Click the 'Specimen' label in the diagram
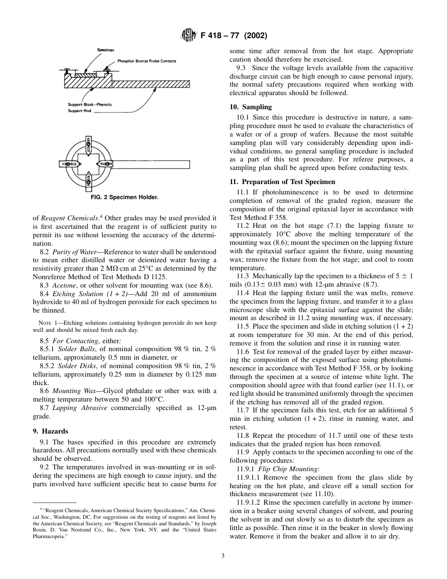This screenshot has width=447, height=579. (106, 50)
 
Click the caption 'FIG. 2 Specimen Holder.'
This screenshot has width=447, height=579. (124, 197)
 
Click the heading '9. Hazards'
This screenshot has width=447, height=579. (55, 431)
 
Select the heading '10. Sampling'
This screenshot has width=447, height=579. (250, 107)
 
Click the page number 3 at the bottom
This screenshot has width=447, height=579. (223, 555)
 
